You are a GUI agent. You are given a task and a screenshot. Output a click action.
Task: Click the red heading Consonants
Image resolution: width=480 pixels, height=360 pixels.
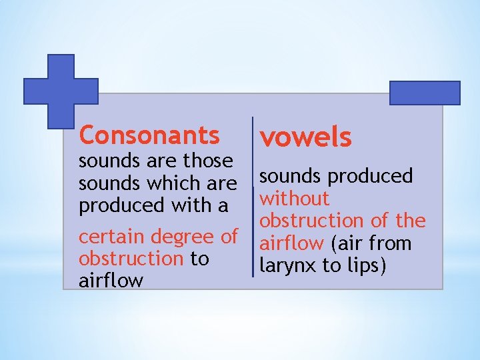pyautogui.click(x=149, y=135)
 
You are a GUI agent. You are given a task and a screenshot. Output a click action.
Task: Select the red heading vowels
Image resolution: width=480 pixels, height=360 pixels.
pyautogui.click(x=305, y=137)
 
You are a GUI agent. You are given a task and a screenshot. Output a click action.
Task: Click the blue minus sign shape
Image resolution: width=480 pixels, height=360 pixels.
pyautogui.click(x=425, y=93)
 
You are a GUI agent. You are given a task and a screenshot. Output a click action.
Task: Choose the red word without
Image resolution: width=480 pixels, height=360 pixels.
pyautogui.click(x=295, y=198)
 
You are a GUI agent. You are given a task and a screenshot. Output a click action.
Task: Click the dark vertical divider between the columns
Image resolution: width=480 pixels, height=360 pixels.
pyautogui.click(x=253, y=196)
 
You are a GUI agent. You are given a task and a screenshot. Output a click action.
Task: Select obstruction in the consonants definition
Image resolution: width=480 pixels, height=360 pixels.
pyautogui.click(x=131, y=258)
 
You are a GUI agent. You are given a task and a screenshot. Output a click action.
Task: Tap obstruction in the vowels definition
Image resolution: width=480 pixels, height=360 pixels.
pyautogui.click(x=311, y=220)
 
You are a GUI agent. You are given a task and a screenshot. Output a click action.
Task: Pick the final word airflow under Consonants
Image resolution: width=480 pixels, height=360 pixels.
pyautogui.click(x=111, y=280)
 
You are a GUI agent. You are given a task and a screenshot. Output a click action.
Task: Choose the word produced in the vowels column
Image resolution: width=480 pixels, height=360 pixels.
pyautogui.click(x=370, y=176)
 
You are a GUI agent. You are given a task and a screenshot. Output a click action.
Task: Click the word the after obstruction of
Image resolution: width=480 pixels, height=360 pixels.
pyautogui.click(x=409, y=220)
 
